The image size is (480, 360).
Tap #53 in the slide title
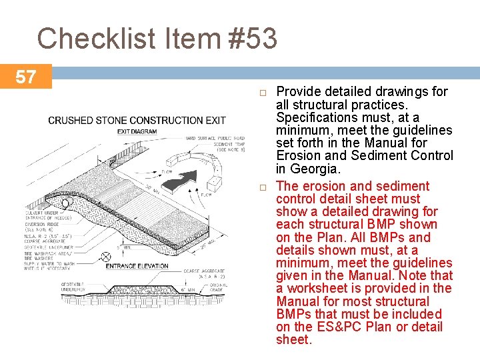[251, 39]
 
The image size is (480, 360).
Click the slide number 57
[25, 77]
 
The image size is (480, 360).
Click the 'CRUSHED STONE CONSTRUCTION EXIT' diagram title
[137, 121]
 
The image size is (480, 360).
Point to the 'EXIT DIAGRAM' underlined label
[137, 132]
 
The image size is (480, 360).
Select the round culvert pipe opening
[65, 203]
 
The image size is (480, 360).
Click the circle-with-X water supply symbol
[105, 257]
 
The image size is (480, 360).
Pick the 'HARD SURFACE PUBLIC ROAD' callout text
[215, 138]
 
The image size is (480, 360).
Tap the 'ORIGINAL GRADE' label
[218, 288]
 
